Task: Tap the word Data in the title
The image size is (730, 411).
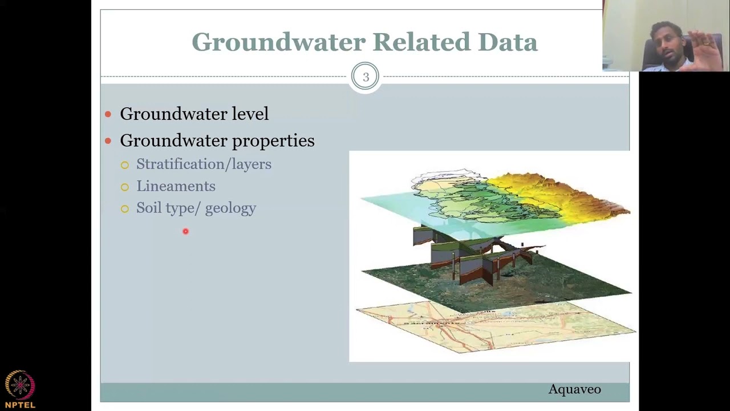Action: (x=508, y=42)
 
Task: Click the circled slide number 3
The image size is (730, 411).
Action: (x=365, y=77)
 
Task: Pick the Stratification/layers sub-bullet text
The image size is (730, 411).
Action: (x=204, y=164)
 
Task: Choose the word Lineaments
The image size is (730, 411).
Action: (x=176, y=186)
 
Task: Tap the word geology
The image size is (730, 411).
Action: (x=230, y=208)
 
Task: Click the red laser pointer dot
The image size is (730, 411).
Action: (x=185, y=231)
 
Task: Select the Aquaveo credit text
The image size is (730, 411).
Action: (x=574, y=389)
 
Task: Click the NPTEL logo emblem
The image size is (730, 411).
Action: (x=20, y=385)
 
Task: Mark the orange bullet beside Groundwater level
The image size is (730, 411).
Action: (x=108, y=114)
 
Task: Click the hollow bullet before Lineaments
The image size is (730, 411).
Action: (x=125, y=187)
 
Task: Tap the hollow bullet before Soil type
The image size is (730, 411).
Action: (x=125, y=209)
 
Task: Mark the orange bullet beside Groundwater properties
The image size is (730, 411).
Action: (x=108, y=141)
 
